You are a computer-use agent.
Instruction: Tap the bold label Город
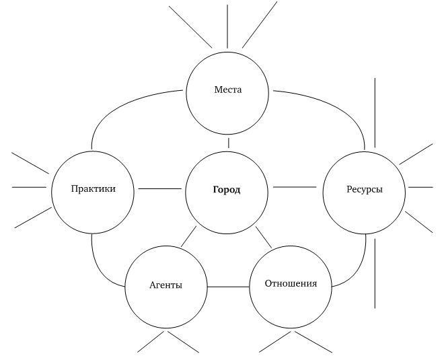click(227, 190)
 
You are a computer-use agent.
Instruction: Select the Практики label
click(93, 189)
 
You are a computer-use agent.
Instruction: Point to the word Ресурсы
click(364, 190)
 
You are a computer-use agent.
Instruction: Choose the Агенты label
click(165, 285)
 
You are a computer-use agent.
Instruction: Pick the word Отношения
click(291, 283)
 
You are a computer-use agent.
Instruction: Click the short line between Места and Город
click(228, 142)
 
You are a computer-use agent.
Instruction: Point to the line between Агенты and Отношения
click(228, 287)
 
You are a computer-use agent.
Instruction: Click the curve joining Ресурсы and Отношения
click(357, 269)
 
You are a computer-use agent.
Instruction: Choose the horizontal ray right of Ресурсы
click(420, 187)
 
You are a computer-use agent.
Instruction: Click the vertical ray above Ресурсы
click(375, 112)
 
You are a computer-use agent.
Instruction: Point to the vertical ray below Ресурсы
click(375, 273)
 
